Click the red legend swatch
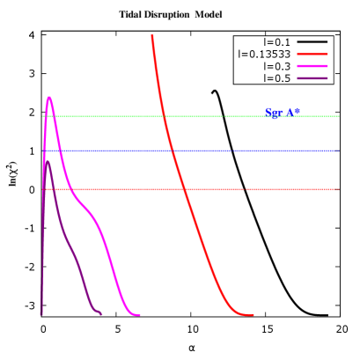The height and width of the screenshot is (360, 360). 312,55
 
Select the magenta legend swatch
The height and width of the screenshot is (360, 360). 312,67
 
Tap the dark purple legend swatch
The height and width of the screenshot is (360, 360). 312,78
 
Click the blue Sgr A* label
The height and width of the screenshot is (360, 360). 283,113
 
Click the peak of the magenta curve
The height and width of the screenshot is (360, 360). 49,98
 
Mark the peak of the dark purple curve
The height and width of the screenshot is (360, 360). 47,161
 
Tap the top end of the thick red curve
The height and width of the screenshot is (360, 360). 152,37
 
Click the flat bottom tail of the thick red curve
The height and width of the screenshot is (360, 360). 246,314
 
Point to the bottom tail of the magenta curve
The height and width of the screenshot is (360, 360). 135,314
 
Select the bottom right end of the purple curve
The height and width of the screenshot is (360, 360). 99,312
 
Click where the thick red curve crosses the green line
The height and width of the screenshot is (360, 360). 165,116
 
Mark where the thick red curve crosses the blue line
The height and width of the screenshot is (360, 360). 173,151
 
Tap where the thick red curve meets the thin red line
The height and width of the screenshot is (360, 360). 183,189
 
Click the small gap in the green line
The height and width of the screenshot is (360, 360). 224,116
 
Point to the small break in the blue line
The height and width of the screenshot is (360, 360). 231,151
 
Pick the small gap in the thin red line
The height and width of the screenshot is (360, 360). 245,189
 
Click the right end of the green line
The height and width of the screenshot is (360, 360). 338,116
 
